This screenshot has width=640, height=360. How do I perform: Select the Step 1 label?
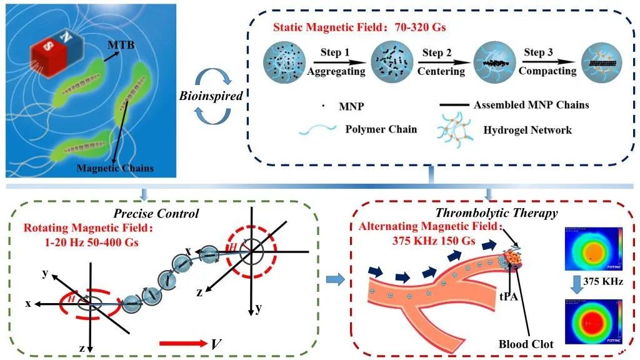coord(332,52)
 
